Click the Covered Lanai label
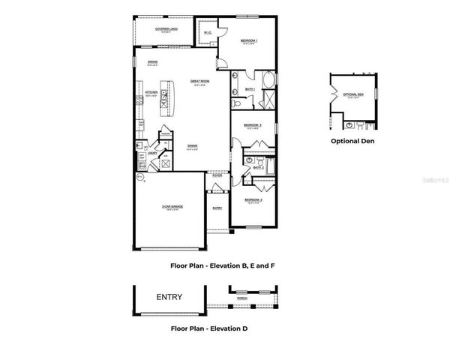(x=166, y=29)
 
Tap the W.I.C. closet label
(x=206, y=32)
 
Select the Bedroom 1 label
(x=249, y=40)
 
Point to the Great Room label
(x=199, y=81)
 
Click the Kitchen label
(x=151, y=93)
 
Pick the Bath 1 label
(x=250, y=88)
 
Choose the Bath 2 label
(x=257, y=167)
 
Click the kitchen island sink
(x=163, y=95)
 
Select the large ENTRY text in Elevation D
(x=169, y=297)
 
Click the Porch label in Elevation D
(x=242, y=298)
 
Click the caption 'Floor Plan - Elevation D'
(x=209, y=328)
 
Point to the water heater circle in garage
(x=139, y=177)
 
